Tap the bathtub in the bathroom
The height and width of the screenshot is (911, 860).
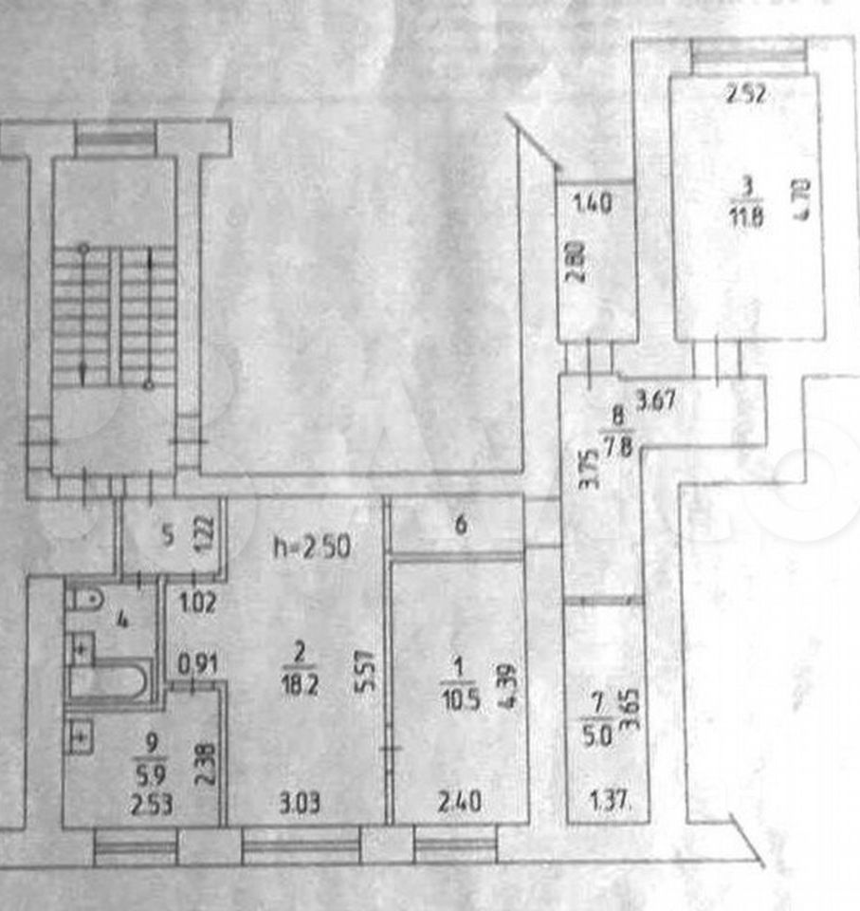pyautogui.click(x=110, y=681)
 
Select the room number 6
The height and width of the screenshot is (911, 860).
pyautogui.click(x=461, y=527)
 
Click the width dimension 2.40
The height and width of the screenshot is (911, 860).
pyautogui.click(x=461, y=803)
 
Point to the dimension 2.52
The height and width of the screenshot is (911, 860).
pyautogui.click(x=746, y=94)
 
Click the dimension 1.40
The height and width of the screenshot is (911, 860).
pyautogui.click(x=591, y=202)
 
